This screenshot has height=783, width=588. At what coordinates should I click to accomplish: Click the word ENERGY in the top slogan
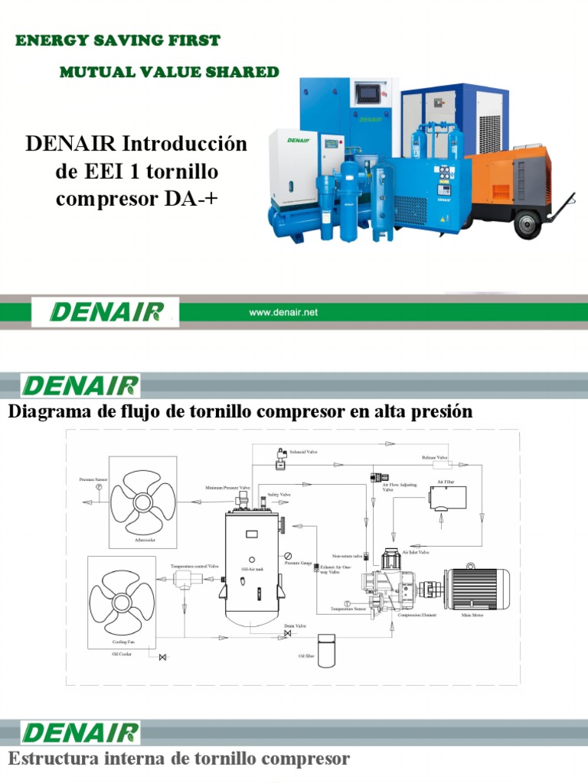click(x=47, y=41)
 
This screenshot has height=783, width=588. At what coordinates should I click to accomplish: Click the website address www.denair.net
click(x=283, y=312)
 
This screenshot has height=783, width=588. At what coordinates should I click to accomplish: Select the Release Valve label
click(x=434, y=457)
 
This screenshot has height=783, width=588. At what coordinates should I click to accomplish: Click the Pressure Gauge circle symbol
click(x=288, y=555)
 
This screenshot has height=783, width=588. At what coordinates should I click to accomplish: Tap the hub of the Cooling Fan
click(x=122, y=602)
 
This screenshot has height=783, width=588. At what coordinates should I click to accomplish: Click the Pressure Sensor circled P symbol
click(x=98, y=487)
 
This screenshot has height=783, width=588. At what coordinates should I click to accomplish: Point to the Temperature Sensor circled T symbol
click(x=347, y=603)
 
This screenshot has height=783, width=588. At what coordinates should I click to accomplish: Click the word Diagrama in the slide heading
click(x=45, y=412)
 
